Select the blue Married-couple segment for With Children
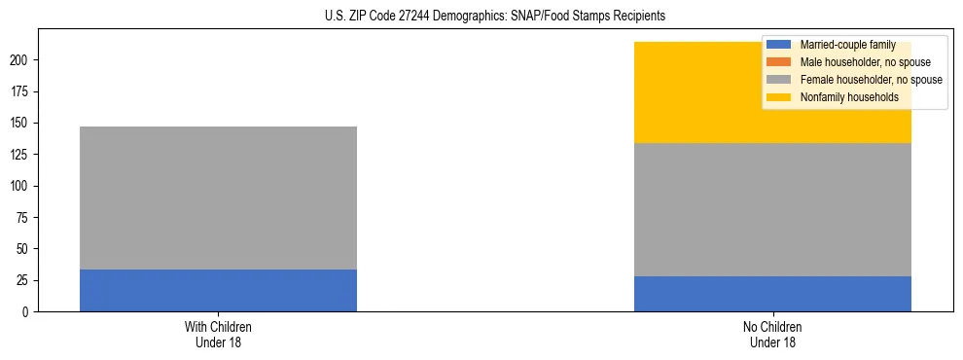(x=218, y=290)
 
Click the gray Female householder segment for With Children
(x=218, y=198)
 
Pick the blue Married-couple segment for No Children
(x=772, y=294)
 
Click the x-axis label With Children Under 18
(x=218, y=334)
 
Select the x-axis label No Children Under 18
(x=772, y=334)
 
